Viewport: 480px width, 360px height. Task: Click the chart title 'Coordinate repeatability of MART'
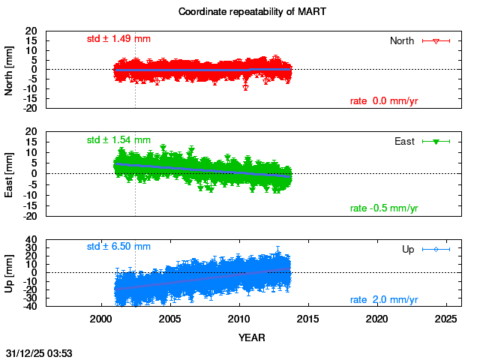tap(241, 12)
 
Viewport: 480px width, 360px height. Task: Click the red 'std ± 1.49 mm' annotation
tap(118, 39)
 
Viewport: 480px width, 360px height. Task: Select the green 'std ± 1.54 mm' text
tap(118, 139)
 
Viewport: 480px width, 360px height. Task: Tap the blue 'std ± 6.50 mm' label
tap(118, 246)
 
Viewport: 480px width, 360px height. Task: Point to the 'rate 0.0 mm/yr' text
tap(384, 101)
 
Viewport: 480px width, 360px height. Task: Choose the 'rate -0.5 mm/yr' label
tap(384, 208)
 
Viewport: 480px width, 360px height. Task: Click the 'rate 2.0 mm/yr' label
tap(384, 300)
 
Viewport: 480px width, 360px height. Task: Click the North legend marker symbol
tap(436, 40)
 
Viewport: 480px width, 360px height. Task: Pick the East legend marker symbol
tap(436, 141)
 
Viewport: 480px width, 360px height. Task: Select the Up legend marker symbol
tap(436, 248)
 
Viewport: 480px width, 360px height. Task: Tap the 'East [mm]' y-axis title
tap(10, 173)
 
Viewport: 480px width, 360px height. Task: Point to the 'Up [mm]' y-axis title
tap(10, 273)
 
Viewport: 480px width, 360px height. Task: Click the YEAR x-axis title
tap(251, 337)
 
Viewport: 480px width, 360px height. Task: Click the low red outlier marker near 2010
tap(246, 88)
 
